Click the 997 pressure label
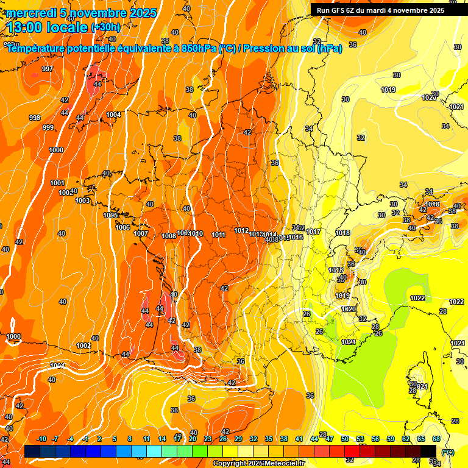(x=48, y=69)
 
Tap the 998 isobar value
(x=35, y=118)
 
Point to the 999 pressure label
(x=48, y=127)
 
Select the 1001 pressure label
(x=57, y=183)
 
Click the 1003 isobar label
(x=83, y=200)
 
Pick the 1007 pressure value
(x=141, y=233)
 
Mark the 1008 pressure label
(x=169, y=236)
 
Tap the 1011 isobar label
(x=219, y=235)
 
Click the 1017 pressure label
(x=314, y=232)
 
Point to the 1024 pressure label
(x=349, y=342)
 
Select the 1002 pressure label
(x=83, y=346)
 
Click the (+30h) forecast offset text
(x=106, y=27)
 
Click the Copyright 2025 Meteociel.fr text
(x=259, y=464)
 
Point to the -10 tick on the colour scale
(x=42, y=439)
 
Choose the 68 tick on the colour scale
(x=436, y=439)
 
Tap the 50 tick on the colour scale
(x=345, y=439)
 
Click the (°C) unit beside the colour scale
(x=448, y=452)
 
